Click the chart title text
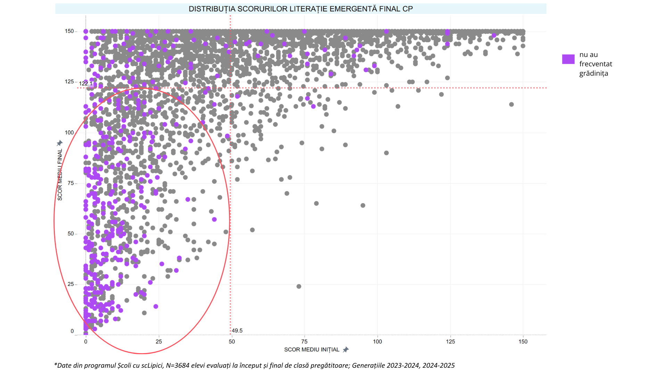pos(300,9)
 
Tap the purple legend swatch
pos(568,59)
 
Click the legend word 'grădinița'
pos(594,73)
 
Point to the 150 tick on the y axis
pos(69,31)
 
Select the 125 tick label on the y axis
pos(69,82)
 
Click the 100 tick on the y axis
pos(69,133)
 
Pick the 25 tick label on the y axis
pos(71,284)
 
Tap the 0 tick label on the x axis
pos(86,342)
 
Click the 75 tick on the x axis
pos(304,342)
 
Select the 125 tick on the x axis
pos(450,342)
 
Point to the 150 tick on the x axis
pos(523,342)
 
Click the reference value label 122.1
pos(86,84)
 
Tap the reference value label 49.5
pos(237,331)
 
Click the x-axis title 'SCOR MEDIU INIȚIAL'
pos(312,350)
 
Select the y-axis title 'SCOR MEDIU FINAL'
pos(60,175)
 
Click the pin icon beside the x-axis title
pos(346,350)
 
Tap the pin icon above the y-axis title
pos(60,143)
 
